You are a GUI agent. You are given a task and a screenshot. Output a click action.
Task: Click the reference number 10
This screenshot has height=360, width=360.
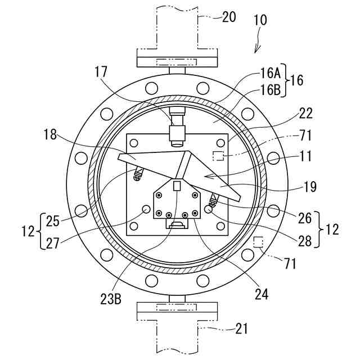coord(260,20)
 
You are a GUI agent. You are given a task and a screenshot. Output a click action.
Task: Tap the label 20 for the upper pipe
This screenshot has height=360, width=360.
coord(229,17)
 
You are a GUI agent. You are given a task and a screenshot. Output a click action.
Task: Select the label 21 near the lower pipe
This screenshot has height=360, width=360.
coord(242,328)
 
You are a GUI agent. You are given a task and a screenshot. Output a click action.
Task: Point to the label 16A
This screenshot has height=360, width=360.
coord(270,74)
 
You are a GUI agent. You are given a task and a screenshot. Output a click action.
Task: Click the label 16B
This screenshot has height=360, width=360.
coord(271,90)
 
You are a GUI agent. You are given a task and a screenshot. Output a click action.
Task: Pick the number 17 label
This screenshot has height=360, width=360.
coord(101,71)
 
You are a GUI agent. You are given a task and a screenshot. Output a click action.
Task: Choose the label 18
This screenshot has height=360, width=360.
coord(50,135)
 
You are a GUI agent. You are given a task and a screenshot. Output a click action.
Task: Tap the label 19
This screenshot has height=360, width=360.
coord(310,186)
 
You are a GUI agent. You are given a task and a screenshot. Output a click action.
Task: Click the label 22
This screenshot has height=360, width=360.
coord(305,113)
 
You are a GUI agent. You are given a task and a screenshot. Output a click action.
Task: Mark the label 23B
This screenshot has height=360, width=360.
coord(111,299)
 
